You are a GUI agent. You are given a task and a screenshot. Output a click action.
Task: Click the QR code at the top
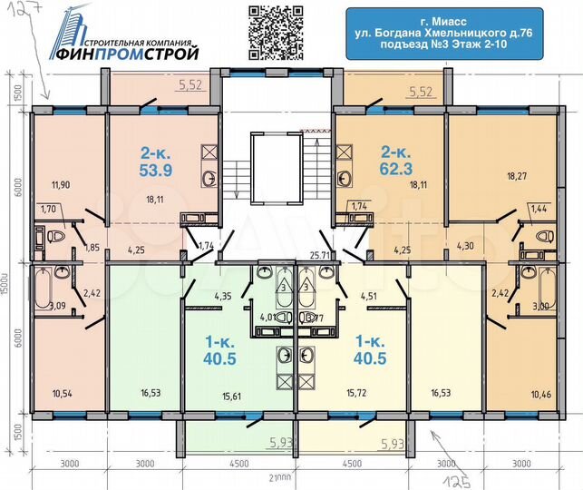pyautogui.click(x=275, y=32)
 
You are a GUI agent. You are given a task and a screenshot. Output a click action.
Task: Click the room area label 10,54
pyautogui.click(x=62, y=393)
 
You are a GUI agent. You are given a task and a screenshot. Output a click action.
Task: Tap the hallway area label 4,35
pyautogui.click(x=223, y=295)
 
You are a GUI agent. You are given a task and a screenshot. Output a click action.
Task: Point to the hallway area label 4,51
pyautogui.click(x=369, y=295)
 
